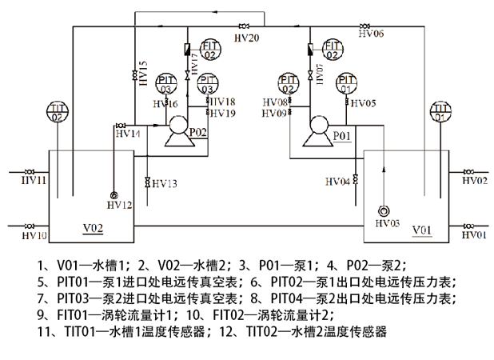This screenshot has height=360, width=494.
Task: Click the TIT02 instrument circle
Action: [x=57, y=113]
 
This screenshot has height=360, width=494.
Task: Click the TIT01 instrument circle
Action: [x=440, y=113]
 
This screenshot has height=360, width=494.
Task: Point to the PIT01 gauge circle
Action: [x=346, y=83]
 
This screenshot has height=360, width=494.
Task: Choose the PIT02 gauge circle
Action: [x=289, y=83]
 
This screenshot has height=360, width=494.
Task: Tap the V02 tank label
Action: [x=94, y=228]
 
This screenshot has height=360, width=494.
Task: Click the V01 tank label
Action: [x=421, y=230]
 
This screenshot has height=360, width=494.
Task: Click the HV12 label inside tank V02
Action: [x=118, y=206]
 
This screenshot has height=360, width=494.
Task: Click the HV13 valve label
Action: [x=162, y=184]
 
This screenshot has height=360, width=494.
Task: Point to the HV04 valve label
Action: [x=337, y=182]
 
